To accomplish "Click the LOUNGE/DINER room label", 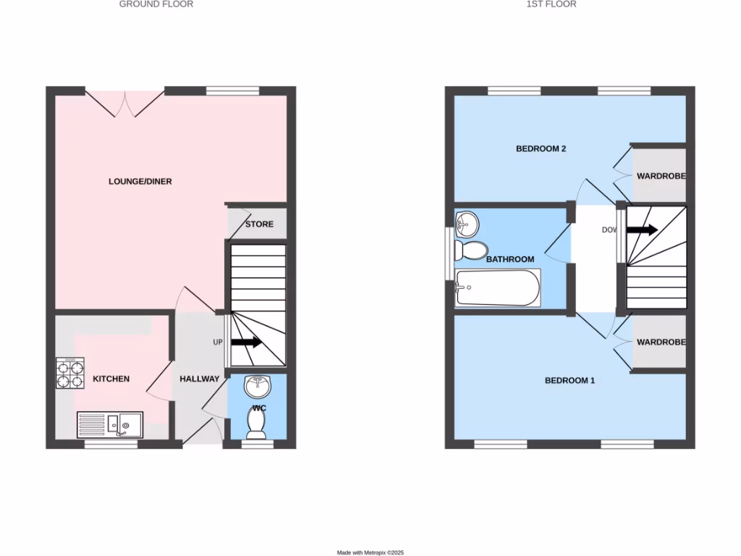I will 140,181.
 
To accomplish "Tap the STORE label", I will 259,224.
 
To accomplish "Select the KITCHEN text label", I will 111,379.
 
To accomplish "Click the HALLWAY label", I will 199,379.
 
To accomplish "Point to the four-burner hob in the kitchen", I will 69,374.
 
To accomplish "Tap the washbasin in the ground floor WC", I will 257,387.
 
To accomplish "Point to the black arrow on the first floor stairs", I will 643,230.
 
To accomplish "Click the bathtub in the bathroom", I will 498,288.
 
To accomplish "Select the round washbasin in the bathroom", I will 468,224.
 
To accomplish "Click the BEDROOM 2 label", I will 541,149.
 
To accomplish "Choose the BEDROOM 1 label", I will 569,380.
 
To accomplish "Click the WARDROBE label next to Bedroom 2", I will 660,176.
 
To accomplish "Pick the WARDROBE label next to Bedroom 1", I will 660,342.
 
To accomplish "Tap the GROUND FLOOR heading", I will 156,4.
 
